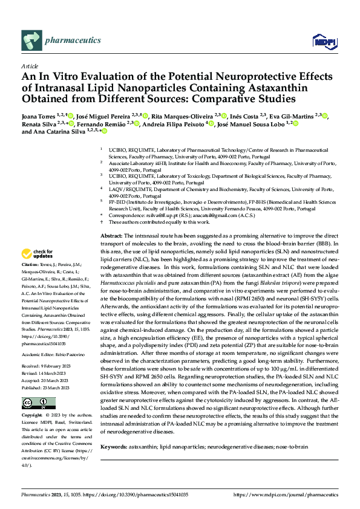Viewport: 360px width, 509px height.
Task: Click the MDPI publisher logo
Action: pyautogui.click(x=324, y=41)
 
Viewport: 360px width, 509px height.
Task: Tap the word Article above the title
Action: pyautogui.click(x=30, y=65)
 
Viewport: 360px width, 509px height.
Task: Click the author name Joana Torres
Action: pyautogui.click(x=42, y=115)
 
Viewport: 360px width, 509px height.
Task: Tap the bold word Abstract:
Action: pyautogui.click(x=111, y=235)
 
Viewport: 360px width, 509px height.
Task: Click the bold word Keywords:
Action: pyautogui.click(x=114, y=447)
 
